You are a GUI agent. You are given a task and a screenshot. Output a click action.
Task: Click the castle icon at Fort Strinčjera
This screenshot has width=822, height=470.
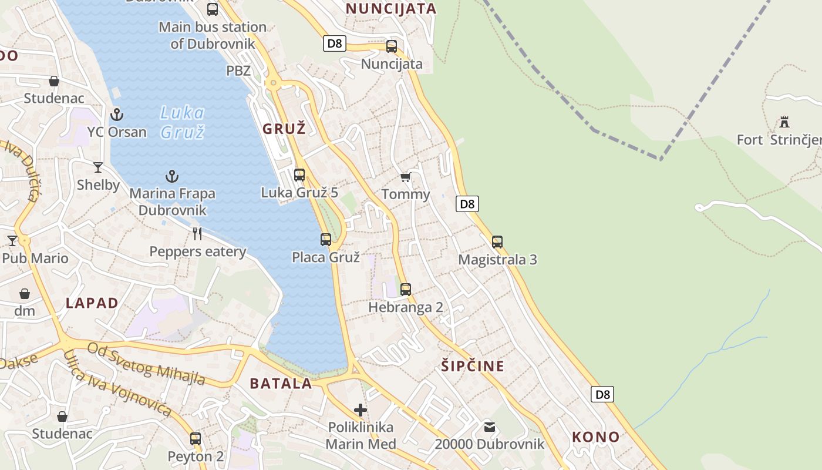pyautogui.click(x=784, y=122)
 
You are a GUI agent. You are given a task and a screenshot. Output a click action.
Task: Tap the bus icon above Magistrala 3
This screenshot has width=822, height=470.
pyautogui.click(x=497, y=242)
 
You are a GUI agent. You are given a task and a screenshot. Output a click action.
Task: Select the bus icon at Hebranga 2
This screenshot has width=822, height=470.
pyautogui.click(x=406, y=290)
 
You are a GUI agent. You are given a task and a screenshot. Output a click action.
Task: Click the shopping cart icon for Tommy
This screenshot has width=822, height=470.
pyautogui.click(x=405, y=177)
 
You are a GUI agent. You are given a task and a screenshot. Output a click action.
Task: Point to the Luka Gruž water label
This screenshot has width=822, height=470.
pyautogui.click(x=183, y=122)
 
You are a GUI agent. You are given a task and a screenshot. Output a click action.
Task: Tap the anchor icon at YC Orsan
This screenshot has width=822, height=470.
pyautogui.click(x=117, y=114)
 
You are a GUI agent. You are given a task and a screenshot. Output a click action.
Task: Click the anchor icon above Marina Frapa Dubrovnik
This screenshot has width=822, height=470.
pyautogui.click(x=172, y=176)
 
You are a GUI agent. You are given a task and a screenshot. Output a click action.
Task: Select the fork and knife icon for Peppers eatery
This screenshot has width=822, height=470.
pyautogui.click(x=197, y=234)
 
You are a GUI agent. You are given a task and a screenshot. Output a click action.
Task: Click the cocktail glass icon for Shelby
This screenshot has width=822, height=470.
pyautogui.click(x=98, y=167)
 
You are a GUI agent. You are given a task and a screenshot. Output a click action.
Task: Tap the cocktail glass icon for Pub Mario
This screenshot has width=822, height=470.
pyautogui.click(x=12, y=241)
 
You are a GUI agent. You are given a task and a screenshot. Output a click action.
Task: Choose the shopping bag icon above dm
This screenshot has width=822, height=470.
pyautogui.click(x=25, y=294)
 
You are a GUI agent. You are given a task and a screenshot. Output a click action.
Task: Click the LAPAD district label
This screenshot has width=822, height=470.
pyautogui.click(x=92, y=303)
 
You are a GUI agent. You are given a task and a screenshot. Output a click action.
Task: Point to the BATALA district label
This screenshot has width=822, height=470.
pyautogui.click(x=281, y=384)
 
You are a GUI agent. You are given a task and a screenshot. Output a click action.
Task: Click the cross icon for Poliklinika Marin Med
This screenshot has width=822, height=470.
pyautogui.click(x=361, y=409)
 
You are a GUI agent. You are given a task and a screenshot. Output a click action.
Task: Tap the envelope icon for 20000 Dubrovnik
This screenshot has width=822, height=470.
pyautogui.click(x=490, y=427)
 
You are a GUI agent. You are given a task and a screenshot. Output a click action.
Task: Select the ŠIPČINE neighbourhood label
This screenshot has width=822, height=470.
pyautogui.click(x=473, y=366)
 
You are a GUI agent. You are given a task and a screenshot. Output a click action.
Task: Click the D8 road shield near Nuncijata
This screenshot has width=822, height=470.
pyautogui.click(x=334, y=43)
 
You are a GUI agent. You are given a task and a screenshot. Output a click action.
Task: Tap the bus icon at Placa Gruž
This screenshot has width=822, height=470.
pyautogui.click(x=326, y=240)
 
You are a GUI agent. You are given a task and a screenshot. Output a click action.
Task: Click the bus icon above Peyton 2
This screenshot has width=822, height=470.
pyautogui.click(x=196, y=439)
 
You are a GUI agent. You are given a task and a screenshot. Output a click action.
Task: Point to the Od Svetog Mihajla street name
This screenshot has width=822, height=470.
pyautogui.click(x=146, y=364)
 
